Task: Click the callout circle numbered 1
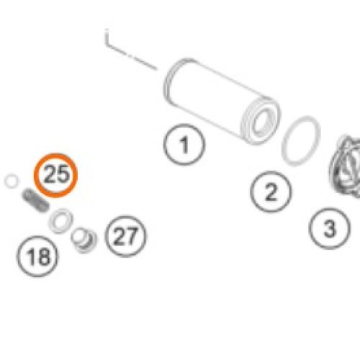tap(184, 145)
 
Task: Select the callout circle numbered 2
tap(271, 192)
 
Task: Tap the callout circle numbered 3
tap(329, 228)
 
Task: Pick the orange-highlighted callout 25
tap(55, 175)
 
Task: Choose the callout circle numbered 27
tap(125, 236)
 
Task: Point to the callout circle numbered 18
tap(37, 256)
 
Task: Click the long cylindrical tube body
tap(221, 101)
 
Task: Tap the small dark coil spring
tap(35, 200)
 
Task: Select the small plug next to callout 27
tap(84, 240)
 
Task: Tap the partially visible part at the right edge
tap(346, 166)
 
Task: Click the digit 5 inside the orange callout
tap(63, 174)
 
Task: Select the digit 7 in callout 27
tap(132, 236)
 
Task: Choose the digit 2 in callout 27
tap(119, 236)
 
